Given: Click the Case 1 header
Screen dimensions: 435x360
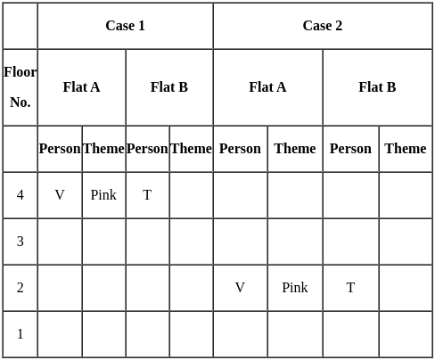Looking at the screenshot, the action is point(125,26).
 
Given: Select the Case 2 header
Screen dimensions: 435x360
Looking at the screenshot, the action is point(323,26).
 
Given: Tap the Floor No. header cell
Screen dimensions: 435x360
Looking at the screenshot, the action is point(21,87).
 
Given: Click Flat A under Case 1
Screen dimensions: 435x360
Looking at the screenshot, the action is point(81,87).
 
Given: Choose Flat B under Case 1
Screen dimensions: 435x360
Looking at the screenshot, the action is point(169,87).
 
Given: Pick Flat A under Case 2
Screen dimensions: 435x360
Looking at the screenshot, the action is point(267,87).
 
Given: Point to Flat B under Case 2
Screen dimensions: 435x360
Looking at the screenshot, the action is point(377,87).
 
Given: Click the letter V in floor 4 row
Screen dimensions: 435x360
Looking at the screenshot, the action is point(60,195).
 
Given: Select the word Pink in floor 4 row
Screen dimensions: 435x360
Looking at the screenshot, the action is point(103,195).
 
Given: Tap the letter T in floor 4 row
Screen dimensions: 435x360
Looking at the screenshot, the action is point(147,195).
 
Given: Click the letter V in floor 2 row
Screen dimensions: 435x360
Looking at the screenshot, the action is point(240,288).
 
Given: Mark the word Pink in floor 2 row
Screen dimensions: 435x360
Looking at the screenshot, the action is point(295,288).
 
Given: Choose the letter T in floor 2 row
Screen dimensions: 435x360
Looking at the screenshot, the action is point(350,288).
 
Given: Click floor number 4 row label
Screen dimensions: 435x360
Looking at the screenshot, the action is point(21,195).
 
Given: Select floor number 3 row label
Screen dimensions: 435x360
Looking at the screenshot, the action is point(21,241).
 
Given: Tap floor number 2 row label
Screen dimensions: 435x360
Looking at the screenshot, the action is point(21,288).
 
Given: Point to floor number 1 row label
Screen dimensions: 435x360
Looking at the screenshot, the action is point(21,334).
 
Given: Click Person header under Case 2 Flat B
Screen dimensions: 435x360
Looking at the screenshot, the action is point(350,149).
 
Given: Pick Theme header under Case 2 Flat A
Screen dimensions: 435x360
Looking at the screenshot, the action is point(295,149).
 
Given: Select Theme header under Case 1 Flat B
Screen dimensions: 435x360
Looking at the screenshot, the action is point(191,149).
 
